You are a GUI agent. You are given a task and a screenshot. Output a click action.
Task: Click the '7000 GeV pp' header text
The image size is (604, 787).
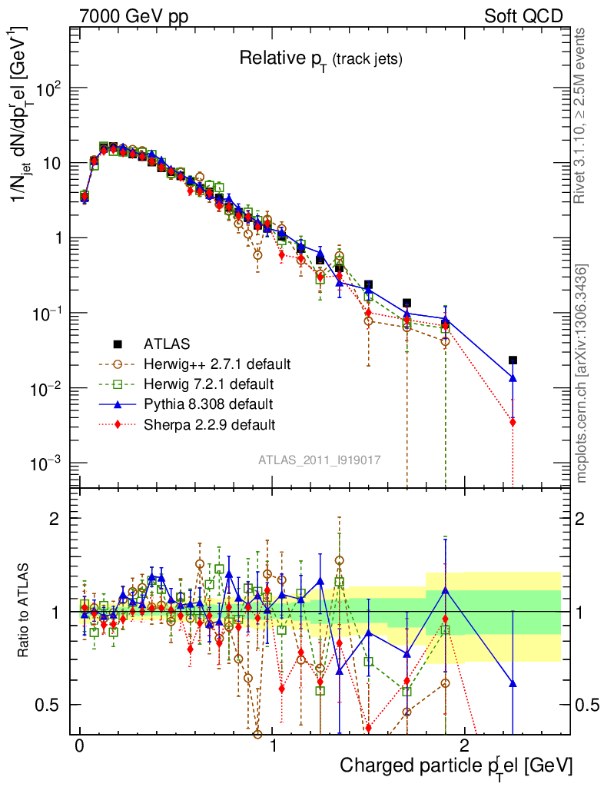(x=134, y=15)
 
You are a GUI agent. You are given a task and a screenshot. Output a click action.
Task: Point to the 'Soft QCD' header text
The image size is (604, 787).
(x=523, y=15)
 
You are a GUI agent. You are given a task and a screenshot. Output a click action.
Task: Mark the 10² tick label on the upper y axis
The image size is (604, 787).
(x=47, y=88)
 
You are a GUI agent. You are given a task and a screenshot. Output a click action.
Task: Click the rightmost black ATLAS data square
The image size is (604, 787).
(x=513, y=360)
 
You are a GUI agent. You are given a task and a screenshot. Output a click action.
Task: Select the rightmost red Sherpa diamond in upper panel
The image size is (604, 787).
(x=513, y=422)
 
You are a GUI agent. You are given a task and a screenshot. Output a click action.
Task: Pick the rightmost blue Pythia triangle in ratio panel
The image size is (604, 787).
(x=513, y=683)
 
